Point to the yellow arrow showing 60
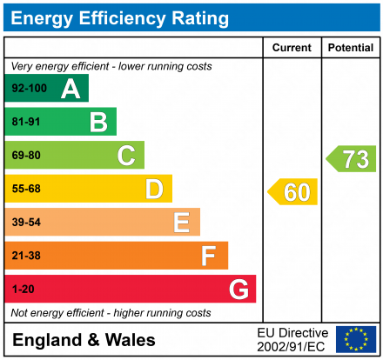293,191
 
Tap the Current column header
292,48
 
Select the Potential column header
350,48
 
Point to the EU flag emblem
356,339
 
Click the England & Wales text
84,340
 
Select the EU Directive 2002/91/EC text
292,339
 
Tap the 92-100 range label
28,88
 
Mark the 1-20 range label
24,289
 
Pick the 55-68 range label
26,189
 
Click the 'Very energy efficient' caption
111,66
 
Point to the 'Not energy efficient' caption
111,312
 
